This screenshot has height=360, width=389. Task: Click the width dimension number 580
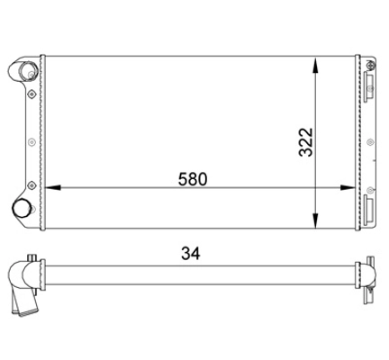click(x=193, y=178)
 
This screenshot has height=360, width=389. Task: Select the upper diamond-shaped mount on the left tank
click(x=32, y=94)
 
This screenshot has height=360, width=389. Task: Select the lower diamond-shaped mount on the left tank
click(x=32, y=186)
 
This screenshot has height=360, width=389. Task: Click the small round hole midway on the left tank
click(x=32, y=140)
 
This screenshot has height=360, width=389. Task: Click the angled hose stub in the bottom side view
click(x=28, y=302)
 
